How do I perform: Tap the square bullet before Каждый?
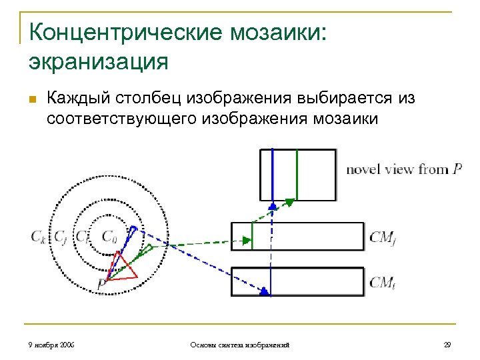[32, 99]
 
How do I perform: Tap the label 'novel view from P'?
[403, 169]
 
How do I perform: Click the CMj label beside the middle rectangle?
[383, 237]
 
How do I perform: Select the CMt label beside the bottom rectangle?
[382, 282]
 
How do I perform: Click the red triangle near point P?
[121, 267]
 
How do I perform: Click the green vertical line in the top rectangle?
[297, 175]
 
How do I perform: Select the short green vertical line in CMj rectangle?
[252, 237]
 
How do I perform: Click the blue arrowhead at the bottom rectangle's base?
[266, 291]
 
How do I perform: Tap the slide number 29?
[447, 345]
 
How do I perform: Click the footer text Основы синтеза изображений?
[239, 345]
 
